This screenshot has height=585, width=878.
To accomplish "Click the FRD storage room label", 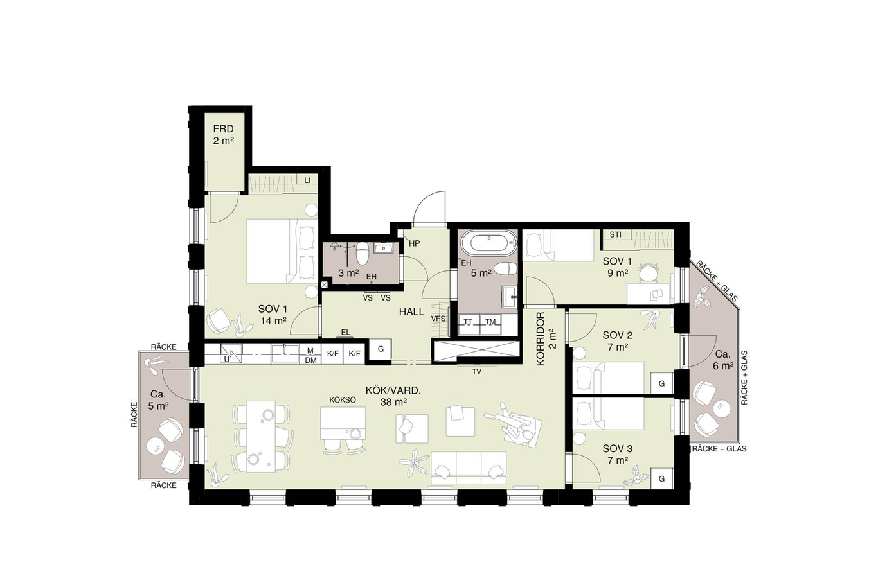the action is [x=224, y=129].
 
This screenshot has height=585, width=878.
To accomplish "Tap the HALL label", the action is [x=411, y=311].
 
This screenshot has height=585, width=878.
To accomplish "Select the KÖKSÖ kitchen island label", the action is [x=343, y=400].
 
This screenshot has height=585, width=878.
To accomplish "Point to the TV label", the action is [x=477, y=372].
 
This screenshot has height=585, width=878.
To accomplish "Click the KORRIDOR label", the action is [x=541, y=339].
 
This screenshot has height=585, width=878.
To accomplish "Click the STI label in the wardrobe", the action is [x=615, y=235].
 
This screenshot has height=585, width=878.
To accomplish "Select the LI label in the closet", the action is [x=307, y=180].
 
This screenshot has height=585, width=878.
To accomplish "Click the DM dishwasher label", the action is [x=310, y=360].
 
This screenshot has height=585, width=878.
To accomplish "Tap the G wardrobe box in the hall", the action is [x=381, y=349].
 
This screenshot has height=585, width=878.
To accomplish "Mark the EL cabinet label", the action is [x=345, y=333].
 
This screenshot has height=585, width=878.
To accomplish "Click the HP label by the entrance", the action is [x=415, y=243].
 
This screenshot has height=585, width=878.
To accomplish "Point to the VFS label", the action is [x=438, y=319].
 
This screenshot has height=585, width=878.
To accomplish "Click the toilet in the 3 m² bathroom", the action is [x=362, y=254].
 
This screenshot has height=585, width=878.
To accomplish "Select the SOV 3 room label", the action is [x=617, y=448].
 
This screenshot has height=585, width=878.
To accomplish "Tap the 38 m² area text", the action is [x=393, y=402].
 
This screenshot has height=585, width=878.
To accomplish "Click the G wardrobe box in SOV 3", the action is [x=661, y=478].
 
